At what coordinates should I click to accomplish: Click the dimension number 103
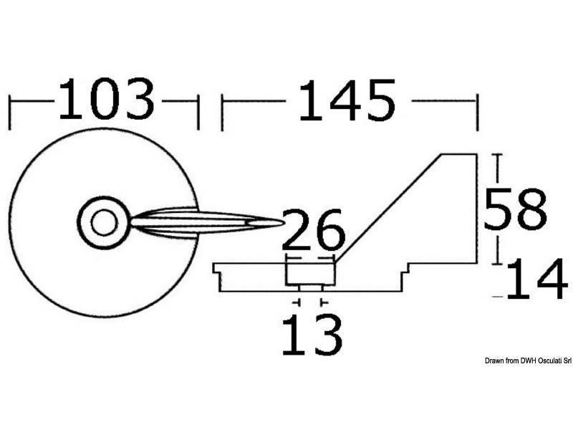[x=105, y=100]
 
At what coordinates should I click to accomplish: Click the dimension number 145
[x=347, y=100]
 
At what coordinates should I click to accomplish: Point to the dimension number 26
[x=313, y=231]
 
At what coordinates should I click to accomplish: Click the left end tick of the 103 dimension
[x=9, y=112]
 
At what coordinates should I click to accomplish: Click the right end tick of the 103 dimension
[x=198, y=112]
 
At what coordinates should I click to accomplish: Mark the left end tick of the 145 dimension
[x=222, y=112]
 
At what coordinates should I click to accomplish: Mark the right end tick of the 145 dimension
[x=476, y=112]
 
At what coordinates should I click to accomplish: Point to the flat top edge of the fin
[x=458, y=154]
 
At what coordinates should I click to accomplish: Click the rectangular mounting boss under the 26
[x=310, y=272]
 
